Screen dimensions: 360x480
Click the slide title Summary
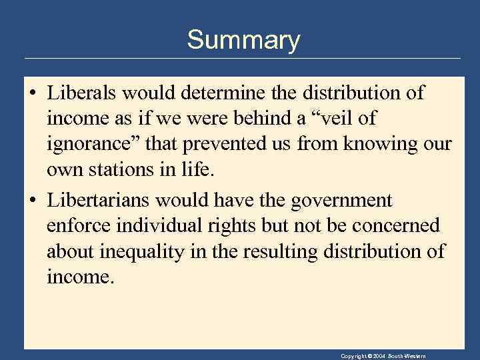pos(243,40)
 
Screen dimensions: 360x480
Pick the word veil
pos(350,118)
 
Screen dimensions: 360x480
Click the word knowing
pos(382,144)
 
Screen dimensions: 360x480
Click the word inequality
pos(147,251)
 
